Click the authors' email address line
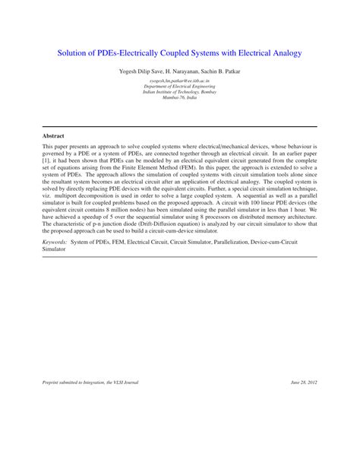[179, 80]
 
